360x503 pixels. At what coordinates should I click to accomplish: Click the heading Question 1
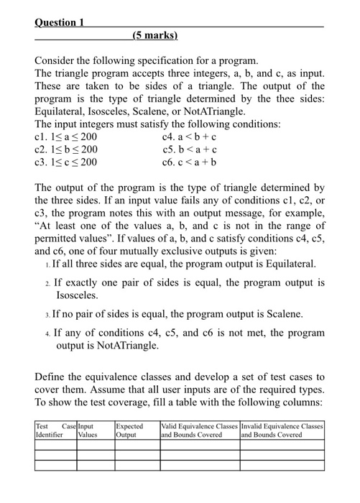click(x=60, y=22)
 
